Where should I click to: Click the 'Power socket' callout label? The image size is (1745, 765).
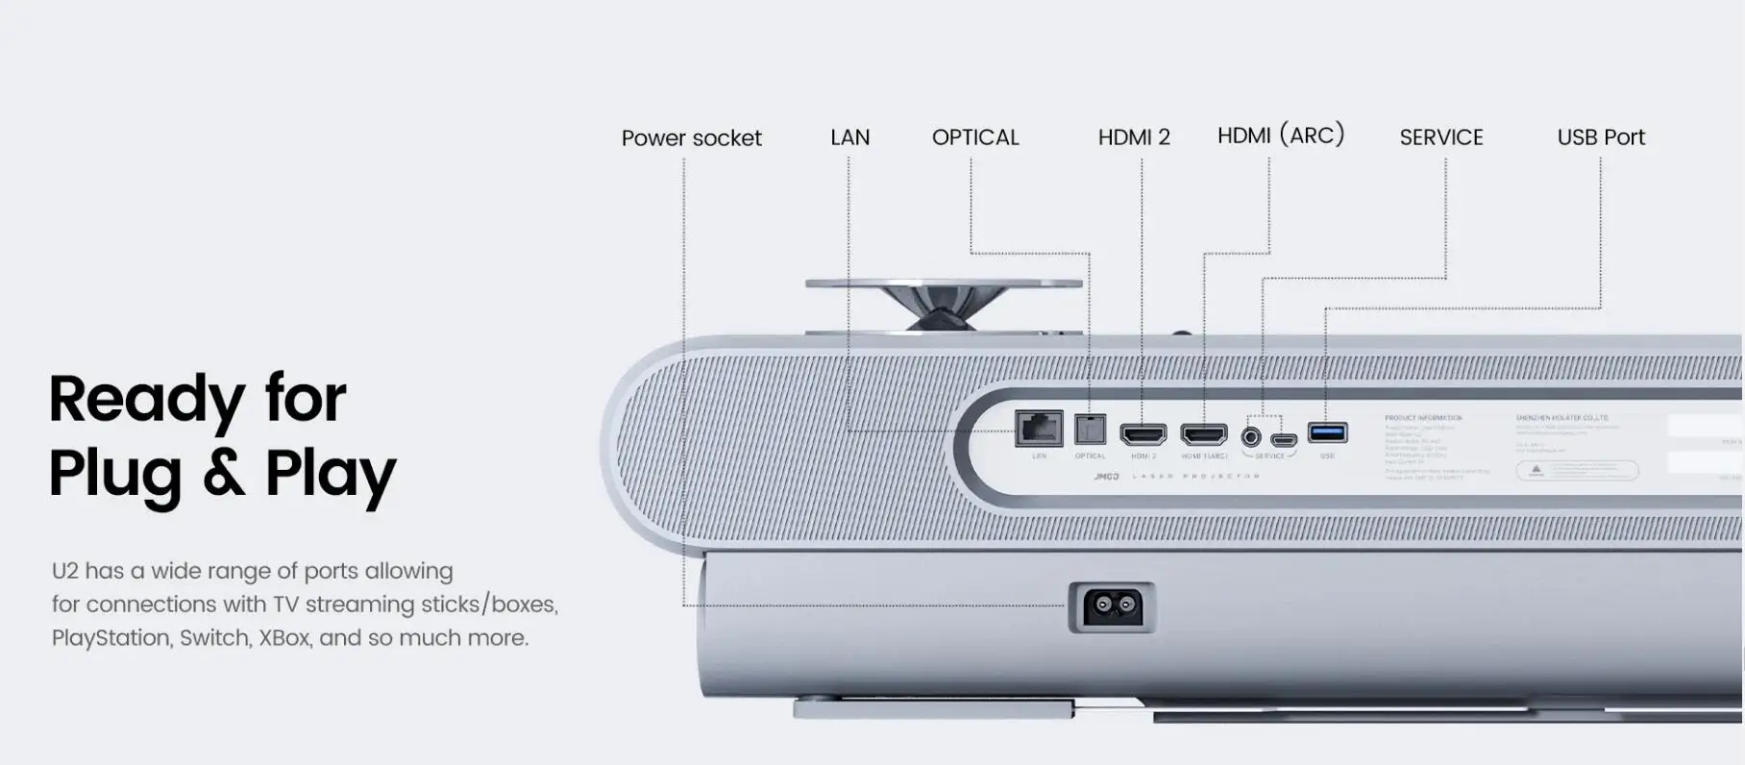[x=691, y=138]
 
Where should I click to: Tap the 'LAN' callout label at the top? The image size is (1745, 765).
[x=849, y=137]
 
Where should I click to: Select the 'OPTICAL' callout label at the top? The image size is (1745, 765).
[x=975, y=137]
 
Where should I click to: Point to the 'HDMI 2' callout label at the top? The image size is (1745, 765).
[x=1134, y=137]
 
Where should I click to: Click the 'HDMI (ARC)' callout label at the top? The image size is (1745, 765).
[x=1280, y=136]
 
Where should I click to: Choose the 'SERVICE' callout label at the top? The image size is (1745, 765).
[x=1440, y=137]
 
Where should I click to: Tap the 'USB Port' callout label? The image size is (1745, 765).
[x=1601, y=137]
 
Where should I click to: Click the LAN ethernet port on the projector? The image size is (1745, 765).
[x=1039, y=428]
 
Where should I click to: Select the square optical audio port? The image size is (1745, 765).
[x=1090, y=429]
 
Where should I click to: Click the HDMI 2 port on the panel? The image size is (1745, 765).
[x=1143, y=434]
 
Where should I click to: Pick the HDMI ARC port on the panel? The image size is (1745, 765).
[x=1204, y=434]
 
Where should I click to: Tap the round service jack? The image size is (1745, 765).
[x=1251, y=437]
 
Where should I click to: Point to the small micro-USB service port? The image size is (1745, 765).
[x=1284, y=440]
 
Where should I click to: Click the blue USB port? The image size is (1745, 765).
[x=1327, y=433]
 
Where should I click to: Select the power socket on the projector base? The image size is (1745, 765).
[x=1112, y=606]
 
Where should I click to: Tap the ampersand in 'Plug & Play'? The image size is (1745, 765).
[x=223, y=473]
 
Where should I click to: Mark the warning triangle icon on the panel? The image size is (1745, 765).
[x=1536, y=470]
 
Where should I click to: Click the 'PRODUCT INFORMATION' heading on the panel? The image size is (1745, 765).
[x=1423, y=418]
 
